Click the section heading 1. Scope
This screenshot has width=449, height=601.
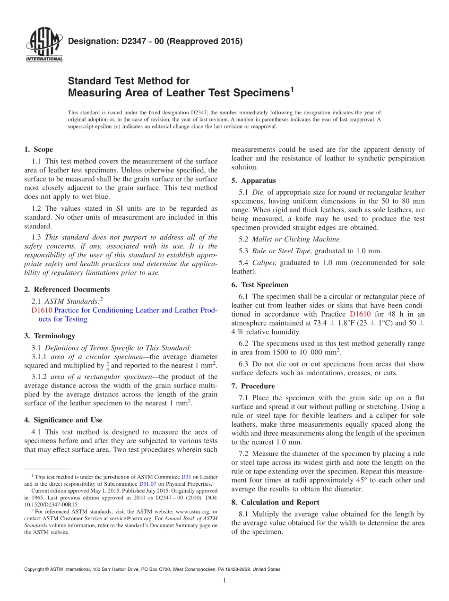coord(38,149)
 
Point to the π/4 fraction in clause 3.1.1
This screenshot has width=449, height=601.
coord(107,365)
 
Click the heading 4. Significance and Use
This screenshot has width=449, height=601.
coord(63,420)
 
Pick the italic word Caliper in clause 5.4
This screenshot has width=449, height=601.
coord(264,263)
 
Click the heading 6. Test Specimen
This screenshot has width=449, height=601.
coord(259,285)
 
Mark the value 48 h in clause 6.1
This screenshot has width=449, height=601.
coord(396,314)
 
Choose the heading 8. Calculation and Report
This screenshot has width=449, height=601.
coord(275,502)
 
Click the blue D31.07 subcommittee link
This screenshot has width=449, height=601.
coord(146,484)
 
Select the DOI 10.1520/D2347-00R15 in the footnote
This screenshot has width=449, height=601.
coord(52,504)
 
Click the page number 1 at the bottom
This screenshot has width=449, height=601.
coord(224,580)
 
